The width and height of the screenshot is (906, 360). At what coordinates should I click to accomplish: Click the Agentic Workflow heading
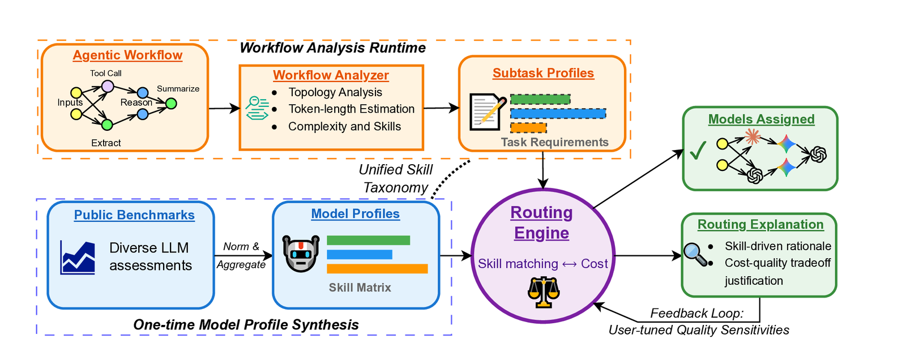[x=127, y=55]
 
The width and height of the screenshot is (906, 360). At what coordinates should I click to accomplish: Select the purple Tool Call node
[x=108, y=86]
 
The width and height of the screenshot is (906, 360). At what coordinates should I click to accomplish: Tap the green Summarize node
[x=171, y=104]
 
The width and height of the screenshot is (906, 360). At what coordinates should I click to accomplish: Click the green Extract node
[x=107, y=125]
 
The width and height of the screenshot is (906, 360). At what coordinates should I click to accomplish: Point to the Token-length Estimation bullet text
[x=351, y=109]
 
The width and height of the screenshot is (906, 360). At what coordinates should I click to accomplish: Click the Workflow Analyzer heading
[x=331, y=75]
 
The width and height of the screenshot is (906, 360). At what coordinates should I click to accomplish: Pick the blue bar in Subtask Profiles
[x=558, y=114]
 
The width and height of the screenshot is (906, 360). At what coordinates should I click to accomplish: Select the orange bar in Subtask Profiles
[x=528, y=128]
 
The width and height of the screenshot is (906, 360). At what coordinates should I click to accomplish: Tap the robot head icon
[x=301, y=254]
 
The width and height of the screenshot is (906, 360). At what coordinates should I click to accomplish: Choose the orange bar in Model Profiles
[x=377, y=268]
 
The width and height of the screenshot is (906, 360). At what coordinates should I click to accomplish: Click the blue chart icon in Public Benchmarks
[x=78, y=258]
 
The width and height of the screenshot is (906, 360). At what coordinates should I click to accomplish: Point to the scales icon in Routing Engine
[x=543, y=292]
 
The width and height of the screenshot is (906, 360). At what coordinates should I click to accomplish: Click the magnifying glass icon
[x=696, y=254]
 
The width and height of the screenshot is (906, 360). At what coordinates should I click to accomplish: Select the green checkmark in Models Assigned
[x=698, y=150]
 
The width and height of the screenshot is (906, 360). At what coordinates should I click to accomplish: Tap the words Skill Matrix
[x=360, y=288]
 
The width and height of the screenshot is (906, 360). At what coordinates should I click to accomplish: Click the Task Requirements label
[x=554, y=143]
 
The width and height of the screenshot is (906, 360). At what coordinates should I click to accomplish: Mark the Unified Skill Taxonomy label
[x=395, y=179]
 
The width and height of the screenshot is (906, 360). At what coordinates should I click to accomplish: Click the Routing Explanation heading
[x=760, y=225]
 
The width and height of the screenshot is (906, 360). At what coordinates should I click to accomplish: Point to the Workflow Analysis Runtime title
[x=332, y=48]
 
